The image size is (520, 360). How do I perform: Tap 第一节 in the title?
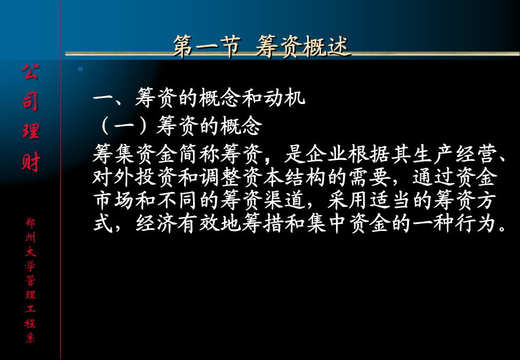pyautogui.click(x=206, y=46)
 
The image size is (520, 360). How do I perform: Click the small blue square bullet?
pyautogui.click(x=80, y=69)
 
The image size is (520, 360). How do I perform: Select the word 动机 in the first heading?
pyautogui.click(x=284, y=98)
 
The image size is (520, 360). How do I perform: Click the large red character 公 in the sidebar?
pyautogui.click(x=30, y=72)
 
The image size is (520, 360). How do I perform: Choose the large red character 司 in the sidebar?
pyautogui.click(x=30, y=101)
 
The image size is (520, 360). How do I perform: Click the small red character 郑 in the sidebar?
pyautogui.click(x=30, y=222)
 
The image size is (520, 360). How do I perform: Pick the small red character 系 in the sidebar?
pyautogui.click(x=30, y=338)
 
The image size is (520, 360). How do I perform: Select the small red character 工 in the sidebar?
pyautogui.click(x=30, y=309)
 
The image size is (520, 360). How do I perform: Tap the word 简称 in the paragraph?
pyautogui.click(x=199, y=154)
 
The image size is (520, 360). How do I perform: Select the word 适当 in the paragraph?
pyautogui.click(x=390, y=200)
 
